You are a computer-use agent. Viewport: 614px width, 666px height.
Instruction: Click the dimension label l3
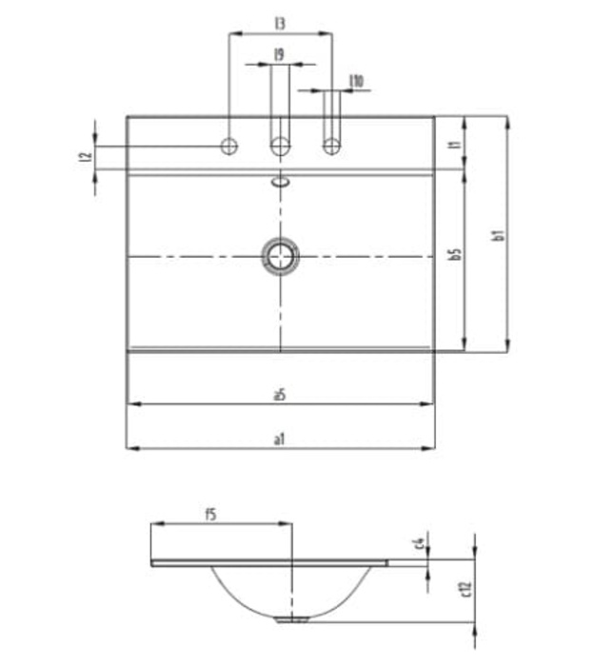click(x=280, y=21)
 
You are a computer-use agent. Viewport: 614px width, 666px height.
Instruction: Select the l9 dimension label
click(x=280, y=55)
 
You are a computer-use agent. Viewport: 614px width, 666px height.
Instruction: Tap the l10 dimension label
click(x=356, y=82)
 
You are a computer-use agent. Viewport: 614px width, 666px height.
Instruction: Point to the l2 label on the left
click(x=84, y=157)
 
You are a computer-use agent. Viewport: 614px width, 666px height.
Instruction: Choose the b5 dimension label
click(x=455, y=255)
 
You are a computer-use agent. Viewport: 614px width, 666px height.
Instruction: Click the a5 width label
click(x=280, y=394)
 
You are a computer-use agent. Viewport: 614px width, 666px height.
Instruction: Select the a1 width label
click(x=280, y=439)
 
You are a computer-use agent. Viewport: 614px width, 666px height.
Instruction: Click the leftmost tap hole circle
click(x=228, y=147)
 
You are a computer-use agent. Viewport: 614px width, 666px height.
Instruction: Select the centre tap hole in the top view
click(x=280, y=147)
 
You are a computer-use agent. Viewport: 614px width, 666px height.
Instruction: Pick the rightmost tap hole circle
click(x=331, y=147)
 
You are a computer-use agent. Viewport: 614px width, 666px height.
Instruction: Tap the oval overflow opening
click(x=280, y=180)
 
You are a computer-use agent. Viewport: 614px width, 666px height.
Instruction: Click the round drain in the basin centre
click(x=280, y=255)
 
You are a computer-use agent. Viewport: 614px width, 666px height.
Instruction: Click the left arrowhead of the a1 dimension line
click(x=132, y=447)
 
